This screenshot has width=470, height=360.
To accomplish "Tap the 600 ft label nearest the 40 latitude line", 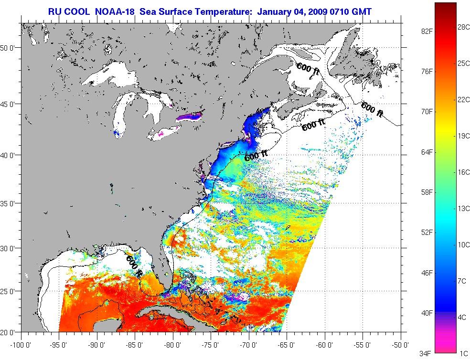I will (256, 155).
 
